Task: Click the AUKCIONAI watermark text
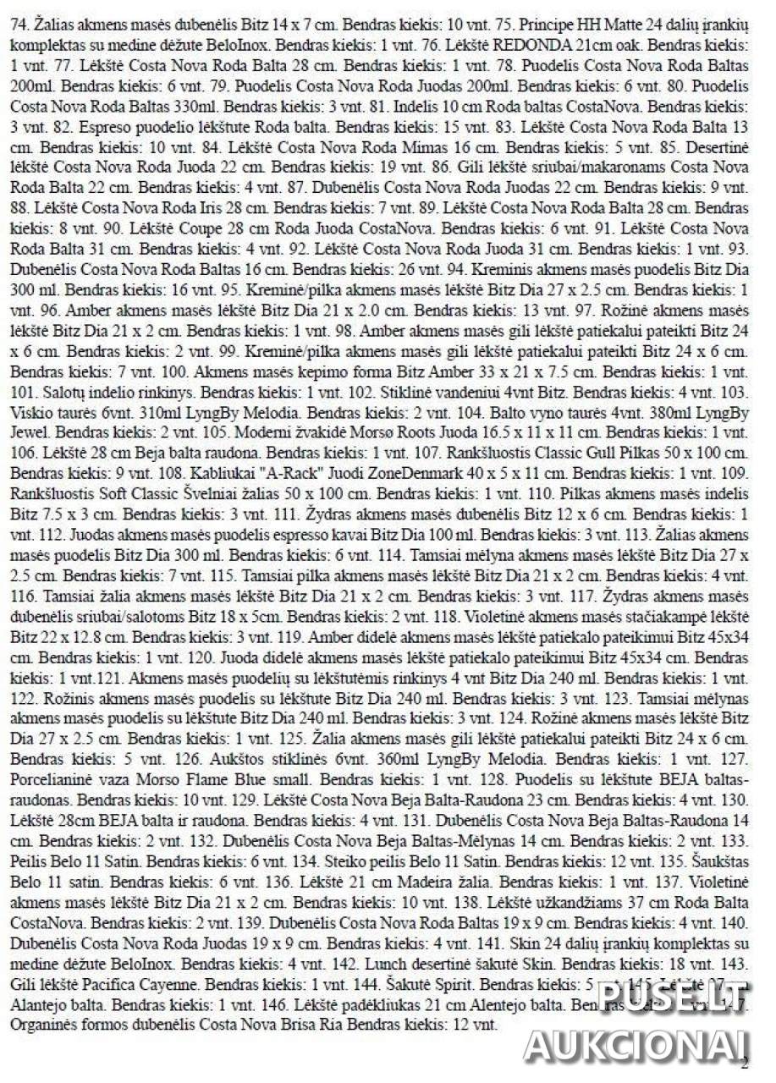636,1044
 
